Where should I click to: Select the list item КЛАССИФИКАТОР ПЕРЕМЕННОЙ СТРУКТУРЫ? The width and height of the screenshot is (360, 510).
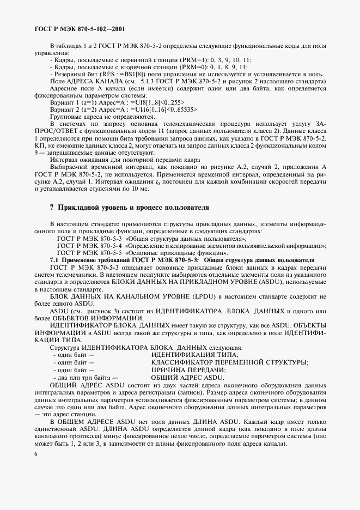click(x=230, y=362)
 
